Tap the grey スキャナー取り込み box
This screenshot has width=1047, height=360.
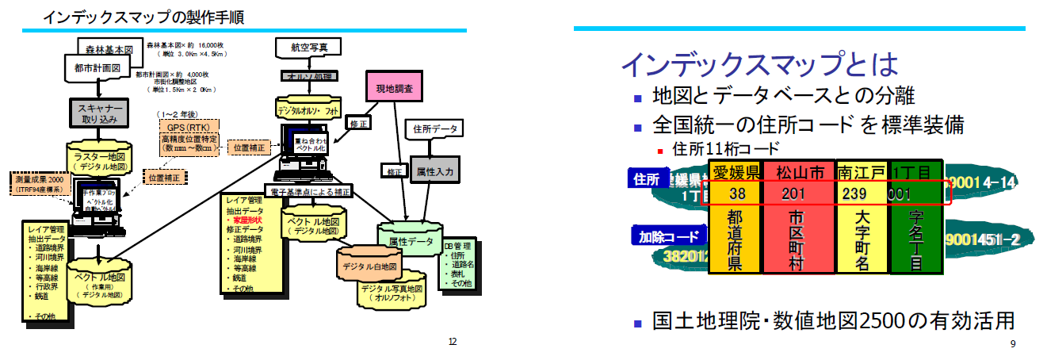coord(97,113)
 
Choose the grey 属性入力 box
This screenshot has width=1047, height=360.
coord(434,170)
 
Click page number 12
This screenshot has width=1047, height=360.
coord(453,342)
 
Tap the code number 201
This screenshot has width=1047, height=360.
coord(793,194)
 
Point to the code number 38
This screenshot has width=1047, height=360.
coord(736,194)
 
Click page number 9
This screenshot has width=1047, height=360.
coord(1012,343)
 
